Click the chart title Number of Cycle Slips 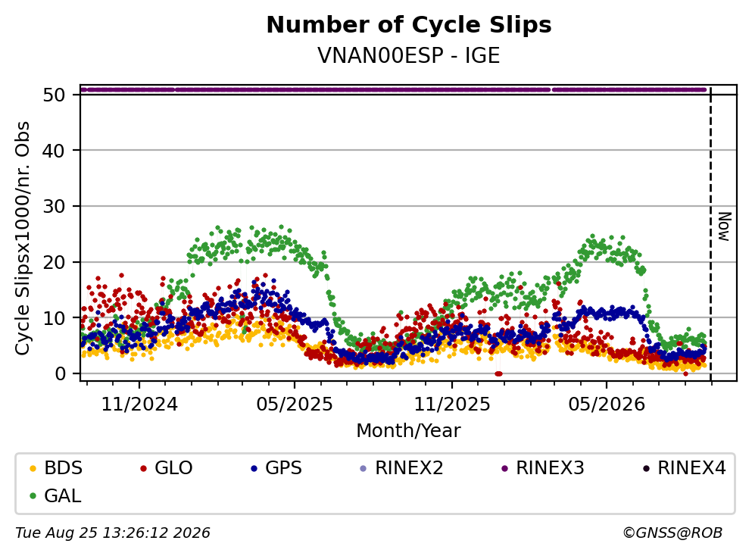tap(409, 25)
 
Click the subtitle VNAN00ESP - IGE tap(409, 55)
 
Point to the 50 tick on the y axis tap(54, 95)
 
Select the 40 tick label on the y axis tap(54, 151)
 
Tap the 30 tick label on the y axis tap(54, 206)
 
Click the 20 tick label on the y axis tap(54, 262)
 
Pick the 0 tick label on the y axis tap(60, 373)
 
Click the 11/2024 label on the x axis tap(139, 405)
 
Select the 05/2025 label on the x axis tap(295, 405)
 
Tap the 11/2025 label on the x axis tap(452, 405)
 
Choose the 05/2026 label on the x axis tap(607, 405)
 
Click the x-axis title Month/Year tap(409, 431)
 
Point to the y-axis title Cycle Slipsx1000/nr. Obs tap(22, 238)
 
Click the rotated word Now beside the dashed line tap(724, 226)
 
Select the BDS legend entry tap(55, 467)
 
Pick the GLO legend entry tap(166, 467)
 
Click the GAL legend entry tap(55, 495)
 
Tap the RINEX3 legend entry tap(542, 467)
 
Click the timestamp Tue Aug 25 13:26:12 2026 tap(113, 533)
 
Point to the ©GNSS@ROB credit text tap(672, 533)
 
